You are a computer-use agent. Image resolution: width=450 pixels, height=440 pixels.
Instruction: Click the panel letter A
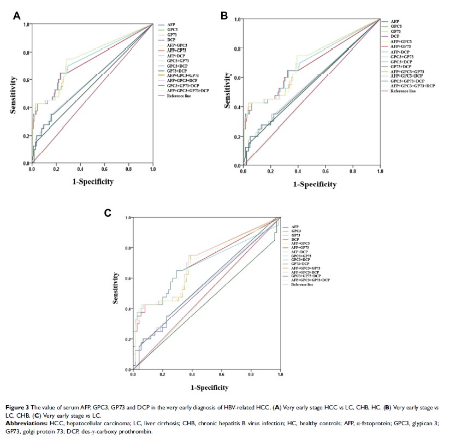point(17,16)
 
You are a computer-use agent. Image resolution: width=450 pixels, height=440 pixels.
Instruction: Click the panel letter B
point(224,16)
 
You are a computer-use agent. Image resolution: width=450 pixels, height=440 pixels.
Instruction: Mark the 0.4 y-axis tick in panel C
point(127,309)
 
